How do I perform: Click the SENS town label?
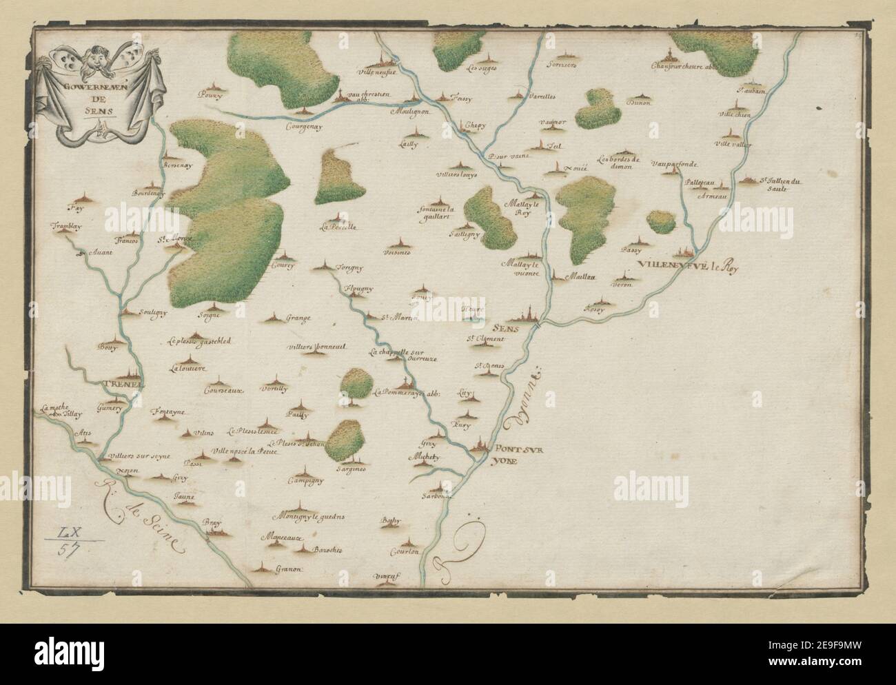pos(509,328)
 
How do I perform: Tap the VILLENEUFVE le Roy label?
pos(687,268)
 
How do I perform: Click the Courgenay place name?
pos(306,127)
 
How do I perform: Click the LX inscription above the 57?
pos(68,532)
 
